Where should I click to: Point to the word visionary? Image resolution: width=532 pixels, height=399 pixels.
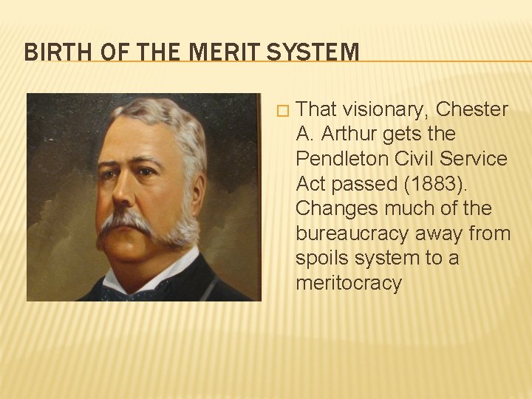pyautogui.click(x=384, y=110)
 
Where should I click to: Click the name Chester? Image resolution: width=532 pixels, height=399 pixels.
pyautogui.click(x=472, y=110)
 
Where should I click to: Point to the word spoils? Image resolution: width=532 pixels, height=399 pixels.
pyautogui.click(x=321, y=259)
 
